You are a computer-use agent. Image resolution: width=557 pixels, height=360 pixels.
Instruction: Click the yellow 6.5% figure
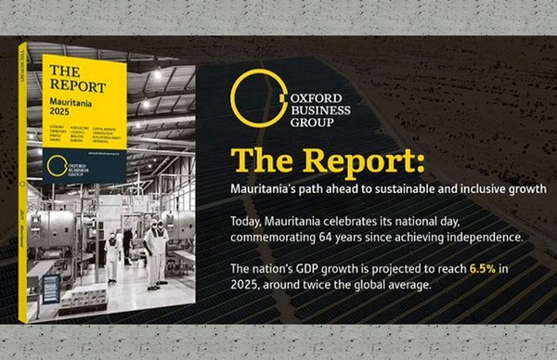482,269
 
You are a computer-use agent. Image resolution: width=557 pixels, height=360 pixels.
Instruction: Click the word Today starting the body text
248,222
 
